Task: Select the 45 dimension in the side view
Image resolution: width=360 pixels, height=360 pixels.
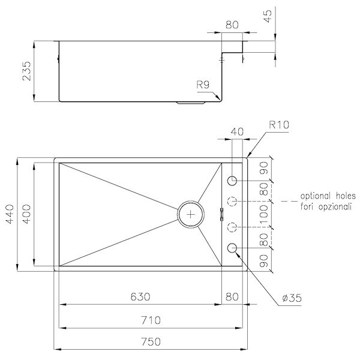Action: click(x=278, y=15)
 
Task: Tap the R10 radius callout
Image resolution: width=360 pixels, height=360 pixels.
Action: click(x=280, y=126)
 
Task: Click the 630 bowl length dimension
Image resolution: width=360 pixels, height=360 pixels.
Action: click(x=139, y=297)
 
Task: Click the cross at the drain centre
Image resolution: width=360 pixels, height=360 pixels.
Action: click(x=191, y=213)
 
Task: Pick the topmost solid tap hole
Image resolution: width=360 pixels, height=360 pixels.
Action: click(x=233, y=180)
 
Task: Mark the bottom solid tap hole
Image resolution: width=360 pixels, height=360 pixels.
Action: click(x=233, y=248)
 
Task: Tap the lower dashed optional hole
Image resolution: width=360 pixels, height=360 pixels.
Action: click(x=233, y=227)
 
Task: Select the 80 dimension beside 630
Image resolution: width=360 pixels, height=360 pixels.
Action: click(x=233, y=297)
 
